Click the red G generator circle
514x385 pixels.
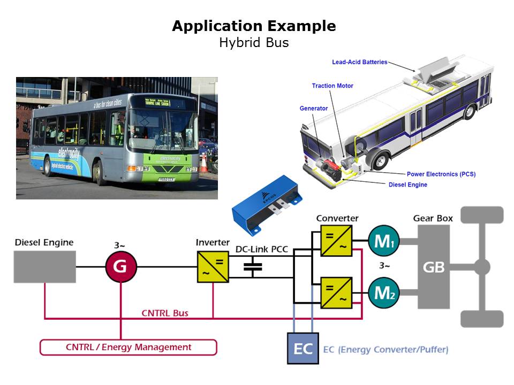120,266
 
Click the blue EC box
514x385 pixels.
303,349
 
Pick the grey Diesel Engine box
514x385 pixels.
44,266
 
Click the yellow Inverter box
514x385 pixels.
213,267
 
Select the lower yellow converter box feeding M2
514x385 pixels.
336,292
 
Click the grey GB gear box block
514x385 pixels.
434,267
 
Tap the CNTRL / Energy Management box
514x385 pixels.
128,347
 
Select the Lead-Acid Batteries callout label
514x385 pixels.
359,62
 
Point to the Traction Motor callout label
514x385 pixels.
332,86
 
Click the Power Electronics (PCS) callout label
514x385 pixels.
441,174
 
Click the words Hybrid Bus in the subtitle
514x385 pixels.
254,43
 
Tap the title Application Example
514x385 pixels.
254,26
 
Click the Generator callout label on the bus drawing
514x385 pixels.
313,109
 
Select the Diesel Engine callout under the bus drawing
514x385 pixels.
407,185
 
